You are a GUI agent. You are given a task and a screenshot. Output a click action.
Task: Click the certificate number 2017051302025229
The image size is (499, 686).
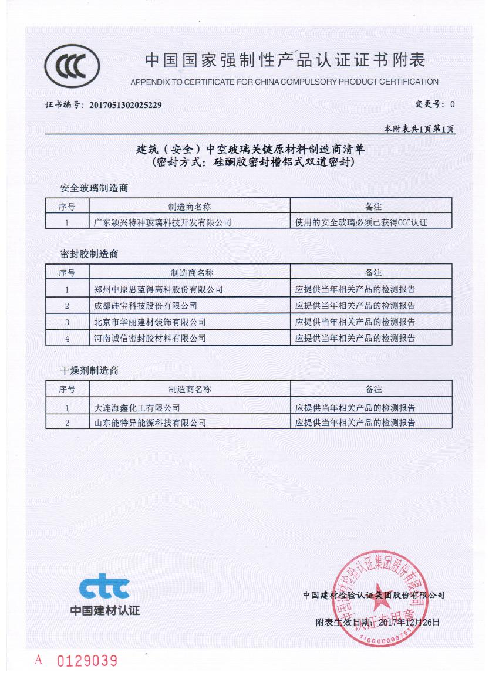coord(125,105)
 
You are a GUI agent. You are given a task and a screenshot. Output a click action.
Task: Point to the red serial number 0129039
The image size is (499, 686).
coord(87,661)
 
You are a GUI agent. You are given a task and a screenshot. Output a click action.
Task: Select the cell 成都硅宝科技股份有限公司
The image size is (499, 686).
coord(146,306)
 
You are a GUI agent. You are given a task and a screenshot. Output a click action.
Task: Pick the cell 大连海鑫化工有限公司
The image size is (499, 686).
coord(137,408)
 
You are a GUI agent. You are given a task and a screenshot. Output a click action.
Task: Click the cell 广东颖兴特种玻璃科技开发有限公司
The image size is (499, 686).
coord(163,222)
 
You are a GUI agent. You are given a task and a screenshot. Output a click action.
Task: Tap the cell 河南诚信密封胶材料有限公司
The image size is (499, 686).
coord(150,338)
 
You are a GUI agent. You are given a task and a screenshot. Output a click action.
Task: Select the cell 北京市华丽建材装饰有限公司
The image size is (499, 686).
coord(150,322)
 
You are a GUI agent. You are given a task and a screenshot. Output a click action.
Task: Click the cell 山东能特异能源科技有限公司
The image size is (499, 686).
coord(150,423)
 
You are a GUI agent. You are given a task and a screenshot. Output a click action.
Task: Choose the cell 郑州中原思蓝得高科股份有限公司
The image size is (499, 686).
coord(159,289)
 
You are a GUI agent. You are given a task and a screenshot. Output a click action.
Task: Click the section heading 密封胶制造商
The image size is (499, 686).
coord(89,255)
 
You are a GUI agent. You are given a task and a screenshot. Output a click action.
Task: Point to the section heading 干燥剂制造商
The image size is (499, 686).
coord(89,371)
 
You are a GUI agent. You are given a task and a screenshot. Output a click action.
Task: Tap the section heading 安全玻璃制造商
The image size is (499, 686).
coord(94,188)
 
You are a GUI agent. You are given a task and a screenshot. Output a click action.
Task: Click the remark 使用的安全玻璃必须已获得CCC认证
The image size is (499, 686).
coord(360,222)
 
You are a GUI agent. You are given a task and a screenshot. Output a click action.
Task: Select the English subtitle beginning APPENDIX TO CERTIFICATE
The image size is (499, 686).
coord(284,82)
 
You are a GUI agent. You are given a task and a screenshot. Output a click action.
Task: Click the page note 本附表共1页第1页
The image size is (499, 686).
coord(419,129)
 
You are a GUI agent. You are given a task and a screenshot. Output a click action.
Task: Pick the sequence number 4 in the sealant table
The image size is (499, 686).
coord(67,339)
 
